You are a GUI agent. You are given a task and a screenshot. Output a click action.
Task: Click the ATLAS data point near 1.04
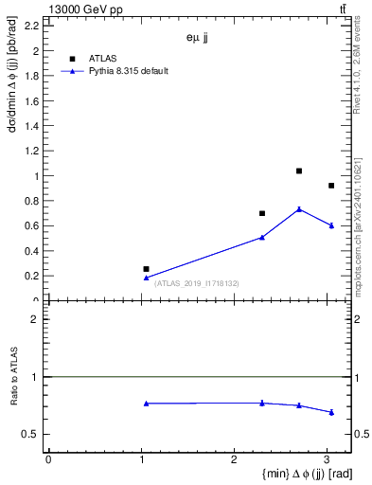click(146, 269)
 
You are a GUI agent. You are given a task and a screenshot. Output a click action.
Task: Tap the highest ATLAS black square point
click(299, 171)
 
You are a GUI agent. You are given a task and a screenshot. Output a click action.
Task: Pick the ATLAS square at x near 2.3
click(262, 213)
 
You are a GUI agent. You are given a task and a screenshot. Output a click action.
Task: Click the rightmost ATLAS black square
click(330, 186)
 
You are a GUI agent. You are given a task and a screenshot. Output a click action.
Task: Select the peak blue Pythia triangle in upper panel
click(299, 209)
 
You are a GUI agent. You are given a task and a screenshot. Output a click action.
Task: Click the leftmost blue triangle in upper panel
click(146, 278)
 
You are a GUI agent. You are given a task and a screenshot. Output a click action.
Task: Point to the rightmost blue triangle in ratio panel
click(330, 412)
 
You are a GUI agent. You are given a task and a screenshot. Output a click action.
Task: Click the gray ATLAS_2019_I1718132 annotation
click(196, 283)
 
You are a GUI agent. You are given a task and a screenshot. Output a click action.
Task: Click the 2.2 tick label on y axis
click(30, 27)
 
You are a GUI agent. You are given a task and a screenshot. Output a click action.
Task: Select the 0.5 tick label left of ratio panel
click(32, 435)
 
